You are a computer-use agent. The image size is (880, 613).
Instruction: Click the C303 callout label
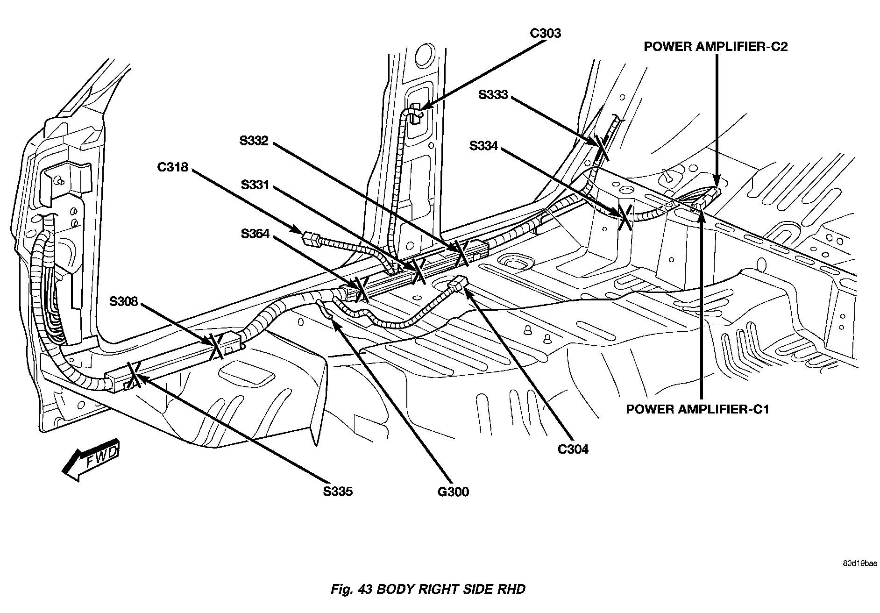pos(545,34)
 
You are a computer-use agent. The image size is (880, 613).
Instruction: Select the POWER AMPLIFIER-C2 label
pos(716,47)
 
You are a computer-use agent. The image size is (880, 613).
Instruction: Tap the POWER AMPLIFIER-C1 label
pos(697,409)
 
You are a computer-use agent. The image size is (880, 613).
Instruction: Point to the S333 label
pos(493,95)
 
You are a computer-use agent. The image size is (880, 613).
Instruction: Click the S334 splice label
pos(484,147)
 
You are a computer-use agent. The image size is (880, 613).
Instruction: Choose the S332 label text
pos(254,141)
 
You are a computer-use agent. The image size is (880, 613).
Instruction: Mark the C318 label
pos(172,167)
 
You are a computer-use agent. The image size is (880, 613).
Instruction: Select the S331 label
pos(255,185)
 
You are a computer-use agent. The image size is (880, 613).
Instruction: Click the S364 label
pos(255,233)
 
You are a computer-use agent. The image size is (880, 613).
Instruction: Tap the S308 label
pos(124,301)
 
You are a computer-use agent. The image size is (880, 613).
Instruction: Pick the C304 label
pos(573,449)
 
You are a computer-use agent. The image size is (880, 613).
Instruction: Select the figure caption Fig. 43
pos(427,589)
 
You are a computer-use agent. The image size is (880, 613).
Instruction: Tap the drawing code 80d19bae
pos(860,563)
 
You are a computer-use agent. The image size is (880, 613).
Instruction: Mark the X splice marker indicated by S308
pos(216,346)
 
